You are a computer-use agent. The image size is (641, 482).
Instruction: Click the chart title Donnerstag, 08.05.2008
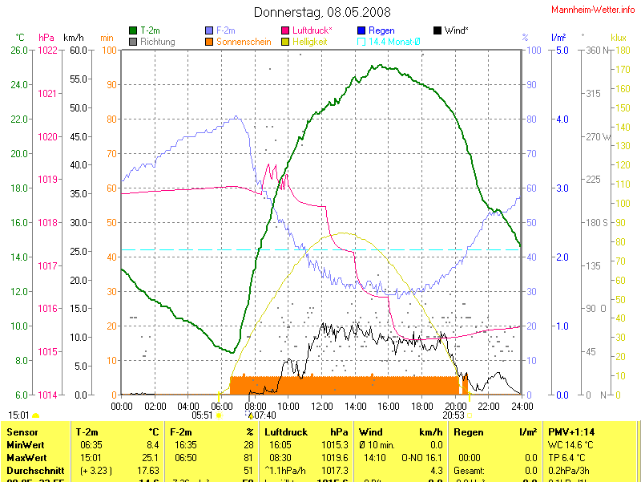[x=322, y=12]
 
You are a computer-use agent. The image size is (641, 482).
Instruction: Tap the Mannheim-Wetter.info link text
[x=593, y=10]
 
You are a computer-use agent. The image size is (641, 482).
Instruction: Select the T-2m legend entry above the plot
[x=150, y=30]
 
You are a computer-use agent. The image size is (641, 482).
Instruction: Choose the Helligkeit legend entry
[x=309, y=41]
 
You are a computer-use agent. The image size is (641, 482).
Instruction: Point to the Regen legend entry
[x=381, y=30]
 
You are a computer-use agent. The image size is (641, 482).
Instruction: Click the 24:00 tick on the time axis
[x=522, y=406]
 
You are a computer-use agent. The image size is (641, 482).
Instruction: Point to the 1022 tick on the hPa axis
[x=48, y=51]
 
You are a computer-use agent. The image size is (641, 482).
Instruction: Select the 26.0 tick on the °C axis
[x=19, y=51]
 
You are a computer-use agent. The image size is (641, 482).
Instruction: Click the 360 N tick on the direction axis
[x=595, y=51]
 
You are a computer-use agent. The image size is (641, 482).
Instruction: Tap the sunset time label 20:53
[x=454, y=415]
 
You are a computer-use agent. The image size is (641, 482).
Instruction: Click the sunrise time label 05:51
[x=203, y=415]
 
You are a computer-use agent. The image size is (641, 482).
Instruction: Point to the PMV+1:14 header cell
[x=570, y=432]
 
